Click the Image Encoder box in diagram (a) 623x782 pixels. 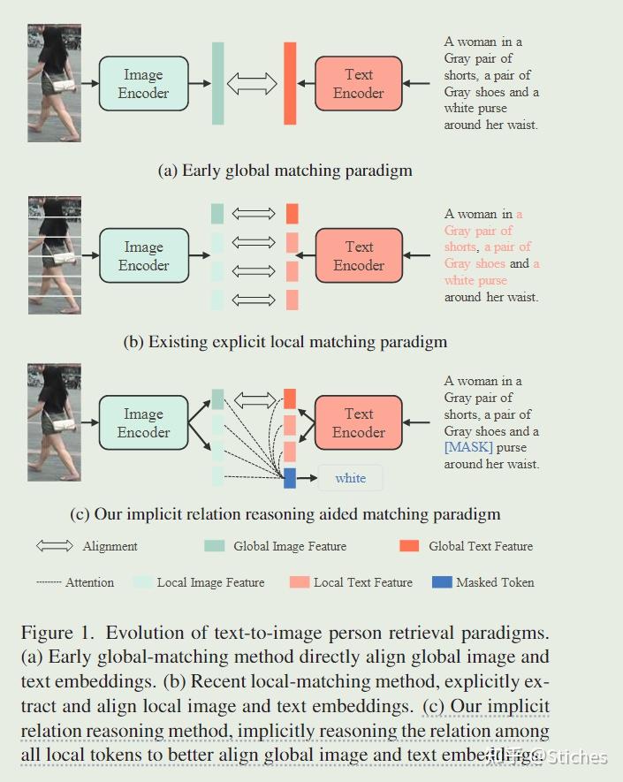143,84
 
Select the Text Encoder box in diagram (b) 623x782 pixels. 359,255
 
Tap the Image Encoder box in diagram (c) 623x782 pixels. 143,423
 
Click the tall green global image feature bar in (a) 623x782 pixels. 217,83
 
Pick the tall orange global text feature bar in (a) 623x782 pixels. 290,83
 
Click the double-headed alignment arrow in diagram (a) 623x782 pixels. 253,84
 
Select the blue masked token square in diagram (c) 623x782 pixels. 290,478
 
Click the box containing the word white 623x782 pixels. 350,478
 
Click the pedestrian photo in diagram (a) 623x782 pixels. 54,83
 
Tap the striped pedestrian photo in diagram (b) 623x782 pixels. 54,255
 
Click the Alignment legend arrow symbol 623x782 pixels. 55,546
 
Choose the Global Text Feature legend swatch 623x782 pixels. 409,546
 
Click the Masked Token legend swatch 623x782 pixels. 442,582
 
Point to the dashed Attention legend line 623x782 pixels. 49,582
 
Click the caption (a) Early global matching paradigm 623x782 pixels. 285,171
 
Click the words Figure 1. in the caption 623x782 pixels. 58,634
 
